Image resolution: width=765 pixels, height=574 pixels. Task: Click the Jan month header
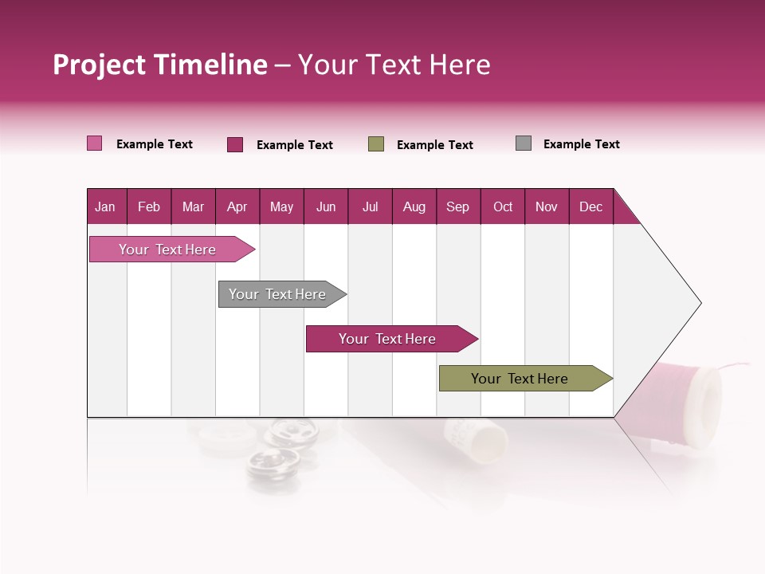(106, 206)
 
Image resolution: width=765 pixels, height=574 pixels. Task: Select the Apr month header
(237, 206)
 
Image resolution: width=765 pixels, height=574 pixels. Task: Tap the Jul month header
(370, 206)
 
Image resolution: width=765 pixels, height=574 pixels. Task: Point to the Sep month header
(457, 206)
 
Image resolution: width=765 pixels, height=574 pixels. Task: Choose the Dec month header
(590, 206)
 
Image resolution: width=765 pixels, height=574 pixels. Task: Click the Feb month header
(149, 206)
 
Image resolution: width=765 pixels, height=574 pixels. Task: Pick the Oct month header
(503, 206)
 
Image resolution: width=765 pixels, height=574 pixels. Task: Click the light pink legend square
(95, 143)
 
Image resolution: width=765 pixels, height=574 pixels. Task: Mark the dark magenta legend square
(235, 144)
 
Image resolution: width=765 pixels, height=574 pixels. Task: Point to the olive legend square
(376, 144)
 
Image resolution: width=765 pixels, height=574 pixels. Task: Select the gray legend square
(524, 143)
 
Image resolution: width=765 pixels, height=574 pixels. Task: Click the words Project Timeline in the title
(160, 65)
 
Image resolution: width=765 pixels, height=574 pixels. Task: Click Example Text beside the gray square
(581, 144)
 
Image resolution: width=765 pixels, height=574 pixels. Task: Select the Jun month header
(326, 206)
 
